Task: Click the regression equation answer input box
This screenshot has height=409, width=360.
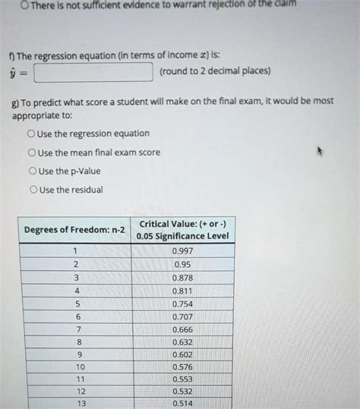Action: coord(93,72)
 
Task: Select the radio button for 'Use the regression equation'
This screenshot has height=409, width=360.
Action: coord(31,134)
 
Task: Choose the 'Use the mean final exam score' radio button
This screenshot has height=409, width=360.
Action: coord(31,153)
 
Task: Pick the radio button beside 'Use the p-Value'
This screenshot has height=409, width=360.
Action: coord(31,171)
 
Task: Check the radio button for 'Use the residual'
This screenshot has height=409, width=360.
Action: coord(31,190)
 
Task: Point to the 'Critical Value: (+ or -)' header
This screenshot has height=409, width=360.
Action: coord(182,223)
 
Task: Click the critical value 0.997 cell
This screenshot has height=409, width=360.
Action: coord(182,251)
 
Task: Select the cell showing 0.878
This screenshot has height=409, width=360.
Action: coord(182,278)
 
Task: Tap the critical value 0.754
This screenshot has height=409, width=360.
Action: coord(182,304)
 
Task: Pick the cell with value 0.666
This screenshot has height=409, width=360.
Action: coord(182,329)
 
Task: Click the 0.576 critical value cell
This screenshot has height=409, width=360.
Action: coord(182,367)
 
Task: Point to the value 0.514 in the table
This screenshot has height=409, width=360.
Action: coord(182,404)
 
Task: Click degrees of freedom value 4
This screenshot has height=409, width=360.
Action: coord(76,291)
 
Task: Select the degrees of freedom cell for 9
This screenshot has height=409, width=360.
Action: coord(76,354)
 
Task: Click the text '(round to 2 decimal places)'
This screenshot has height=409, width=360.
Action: coord(215,72)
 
